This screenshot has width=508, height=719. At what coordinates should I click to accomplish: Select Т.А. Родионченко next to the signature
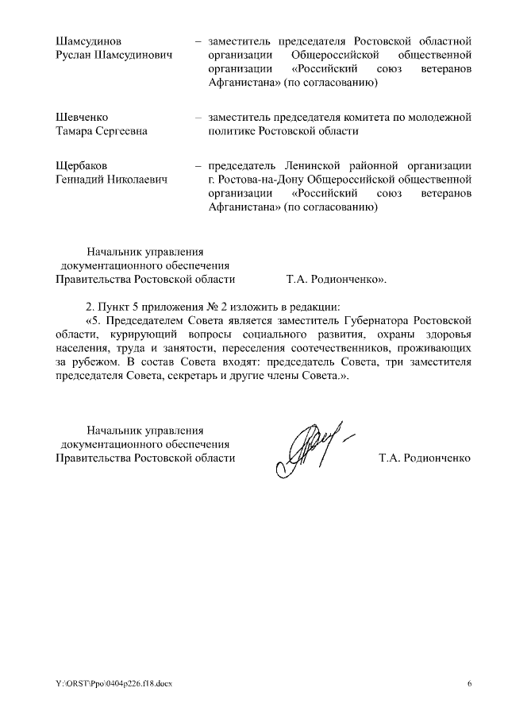425,458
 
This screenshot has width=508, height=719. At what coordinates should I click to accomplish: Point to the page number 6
468,684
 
